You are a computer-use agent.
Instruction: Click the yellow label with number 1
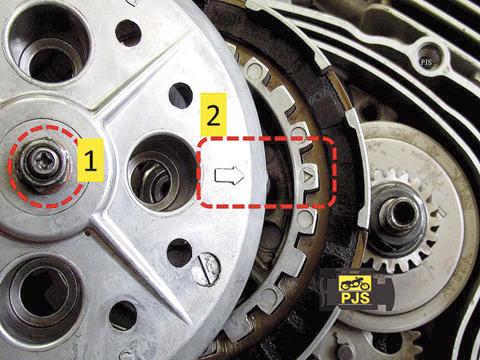coord(90,160)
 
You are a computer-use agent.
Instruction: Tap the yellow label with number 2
coord(213,114)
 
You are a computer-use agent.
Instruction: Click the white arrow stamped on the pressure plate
coord(229,176)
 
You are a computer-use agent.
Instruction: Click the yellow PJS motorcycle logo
coord(355,289)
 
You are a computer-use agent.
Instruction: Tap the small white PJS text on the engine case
coord(426,63)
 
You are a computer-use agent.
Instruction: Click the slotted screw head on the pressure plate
coord(205,270)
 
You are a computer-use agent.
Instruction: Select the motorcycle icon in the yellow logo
coord(355,284)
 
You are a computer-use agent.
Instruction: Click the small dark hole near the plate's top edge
coord(129,33)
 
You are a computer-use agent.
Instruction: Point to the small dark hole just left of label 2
coord(181,95)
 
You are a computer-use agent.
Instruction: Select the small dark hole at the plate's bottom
coord(123,316)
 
